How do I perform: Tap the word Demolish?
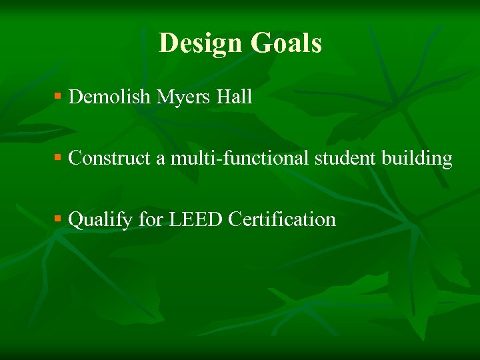click(x=110, y=97)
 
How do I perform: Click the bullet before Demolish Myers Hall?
click(x=58, y=97)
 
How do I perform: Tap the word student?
click(x=345, y=159)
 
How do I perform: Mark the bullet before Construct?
click(x=58, y=158)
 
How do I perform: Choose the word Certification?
click(x=281, y=219)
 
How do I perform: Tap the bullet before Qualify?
click(x=58, y=219)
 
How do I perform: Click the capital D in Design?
click(x=168, y=43)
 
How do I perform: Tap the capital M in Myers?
click(x=164, y=97)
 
